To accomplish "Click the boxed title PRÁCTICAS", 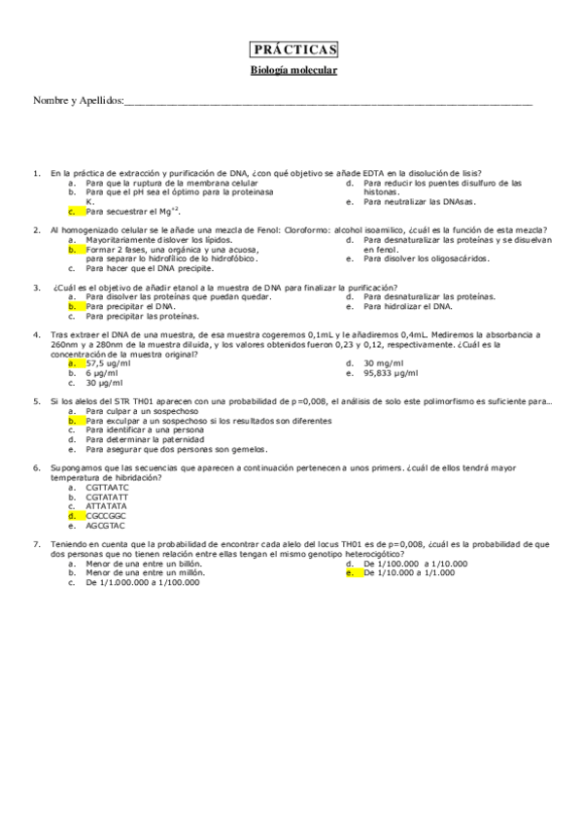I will tap(292, 50).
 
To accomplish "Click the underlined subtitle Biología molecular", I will tap(292, 70).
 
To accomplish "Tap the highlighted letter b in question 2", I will tap(72, 250).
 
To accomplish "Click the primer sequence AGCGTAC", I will tap(106, 525).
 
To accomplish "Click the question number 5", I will tap(36, 401).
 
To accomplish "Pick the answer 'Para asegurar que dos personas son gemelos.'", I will tap(169, 449).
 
